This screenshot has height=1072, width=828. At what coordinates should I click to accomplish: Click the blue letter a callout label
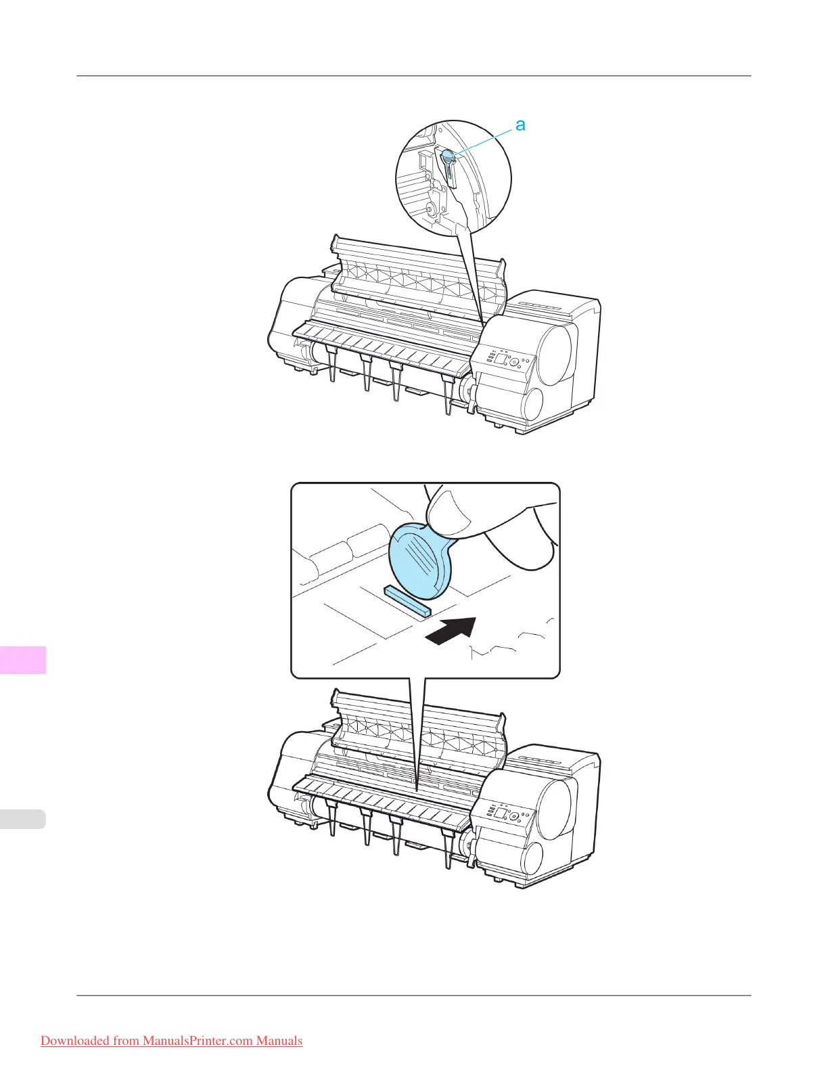520,125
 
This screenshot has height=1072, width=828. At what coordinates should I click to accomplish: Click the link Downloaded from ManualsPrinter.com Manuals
171,1041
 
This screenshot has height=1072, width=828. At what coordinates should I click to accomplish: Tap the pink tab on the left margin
23,660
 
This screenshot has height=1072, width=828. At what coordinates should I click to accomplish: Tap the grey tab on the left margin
23,819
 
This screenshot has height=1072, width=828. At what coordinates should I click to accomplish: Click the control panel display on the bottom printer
501,813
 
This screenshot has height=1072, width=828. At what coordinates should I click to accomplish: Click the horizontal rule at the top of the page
414,76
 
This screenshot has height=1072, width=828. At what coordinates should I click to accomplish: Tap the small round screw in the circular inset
429,209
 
